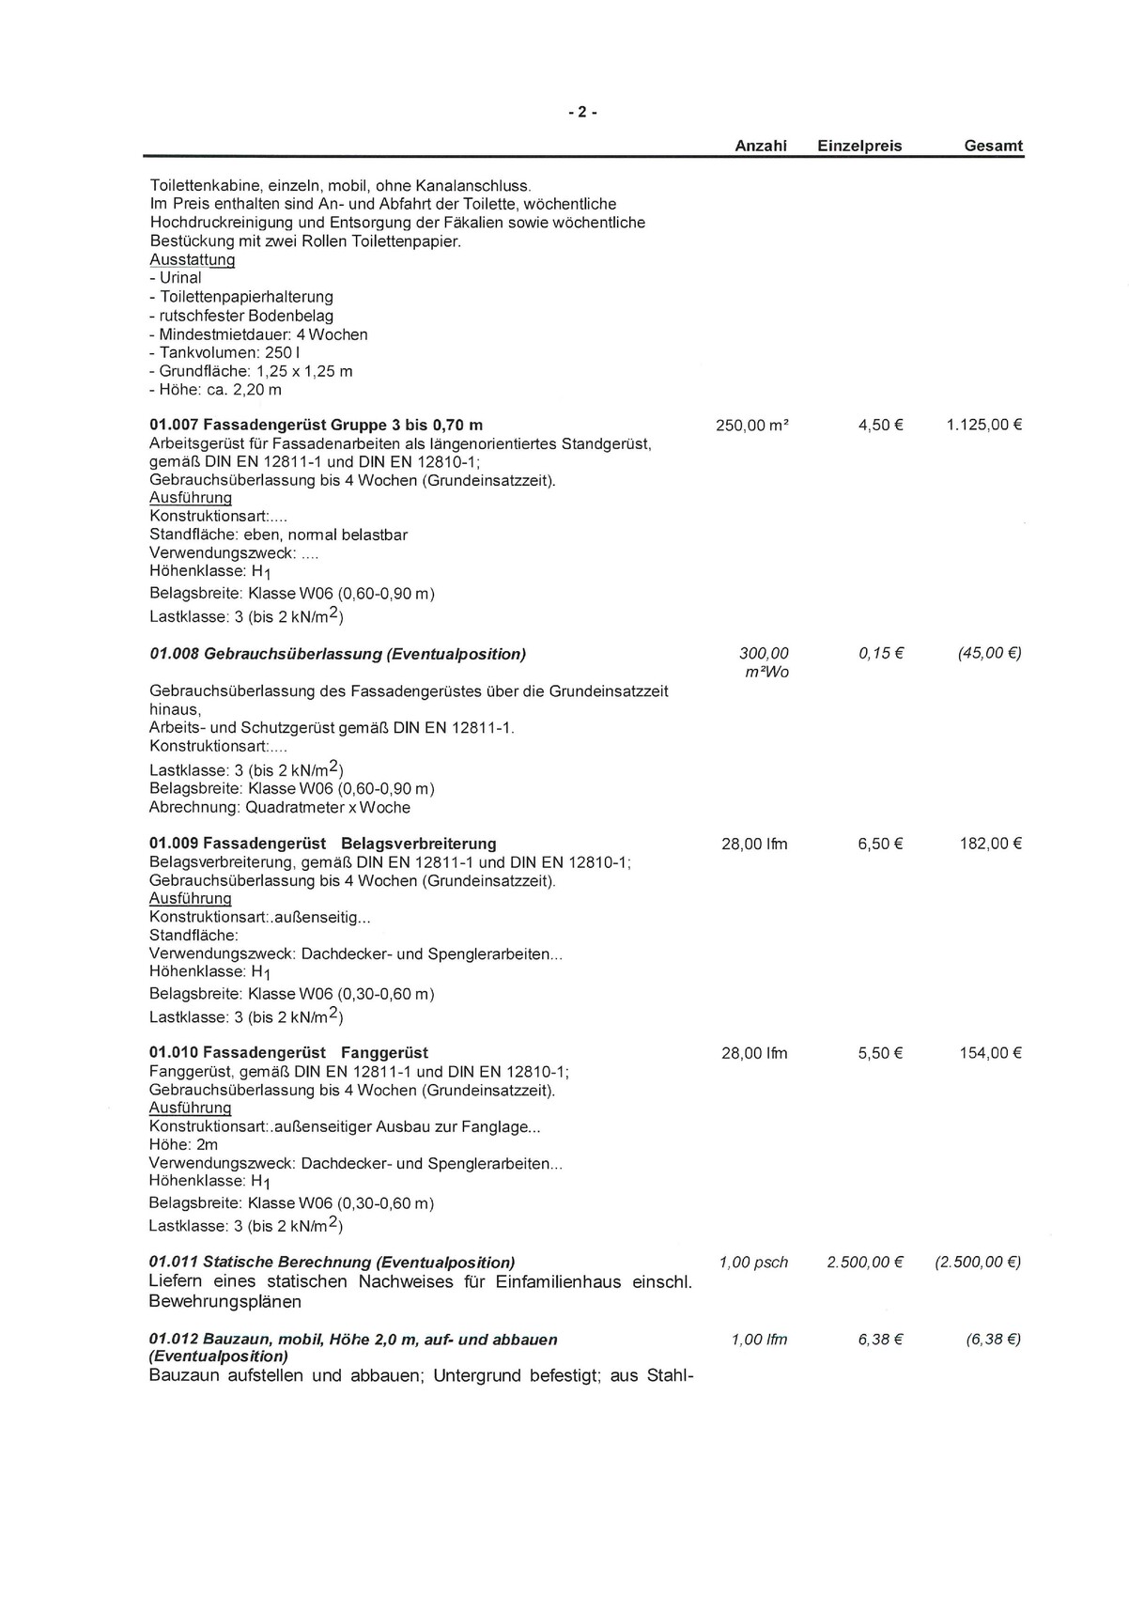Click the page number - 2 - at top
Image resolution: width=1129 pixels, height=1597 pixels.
click(581, 113)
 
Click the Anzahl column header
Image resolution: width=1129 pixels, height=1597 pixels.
click(760, 147)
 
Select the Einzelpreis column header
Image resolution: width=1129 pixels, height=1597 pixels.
click(859, 147)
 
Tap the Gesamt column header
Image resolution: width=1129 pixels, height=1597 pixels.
click(993, 147)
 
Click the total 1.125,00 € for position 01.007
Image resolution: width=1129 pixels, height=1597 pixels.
click(983, 425)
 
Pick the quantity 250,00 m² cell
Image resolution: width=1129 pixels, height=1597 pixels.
click(751, 425)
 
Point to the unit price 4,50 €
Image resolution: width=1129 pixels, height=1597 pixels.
click(880, 425)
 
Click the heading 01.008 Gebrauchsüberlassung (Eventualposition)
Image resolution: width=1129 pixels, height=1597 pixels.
click(338, 654)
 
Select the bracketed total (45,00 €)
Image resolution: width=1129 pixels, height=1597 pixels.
click(989, 654)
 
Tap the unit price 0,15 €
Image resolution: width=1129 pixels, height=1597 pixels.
click(880, 654)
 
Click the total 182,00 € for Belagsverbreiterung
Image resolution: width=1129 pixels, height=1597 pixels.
click(990, 844)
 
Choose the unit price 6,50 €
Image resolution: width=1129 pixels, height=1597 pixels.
click(880, 844)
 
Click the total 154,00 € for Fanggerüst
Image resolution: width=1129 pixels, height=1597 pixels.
click(990, 1053)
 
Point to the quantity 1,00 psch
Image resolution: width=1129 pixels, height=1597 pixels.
click(753, 1263)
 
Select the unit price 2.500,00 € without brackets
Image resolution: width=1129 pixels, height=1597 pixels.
click(864, 1263)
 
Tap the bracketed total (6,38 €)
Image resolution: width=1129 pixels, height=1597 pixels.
click(993, 1340)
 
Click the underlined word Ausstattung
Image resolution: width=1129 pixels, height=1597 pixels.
click(192, 259)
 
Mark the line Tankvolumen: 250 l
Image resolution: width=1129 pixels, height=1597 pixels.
click(224, 352)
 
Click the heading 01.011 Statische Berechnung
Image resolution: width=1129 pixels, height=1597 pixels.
click(332, 1263)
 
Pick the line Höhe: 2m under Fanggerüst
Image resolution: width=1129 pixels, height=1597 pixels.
click(183, 1145)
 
